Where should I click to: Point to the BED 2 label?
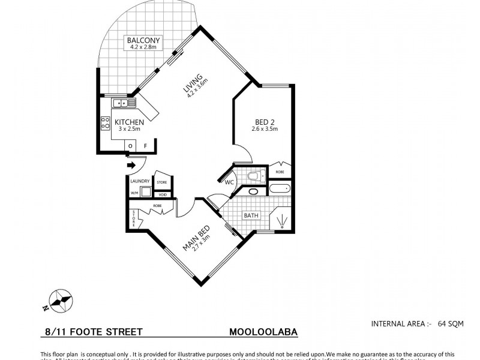pyautogui.click(x=264, y=122)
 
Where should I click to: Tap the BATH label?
pyautogui.click(x=250, y=214)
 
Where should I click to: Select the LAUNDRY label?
pyautogui.click(x=140, y=181)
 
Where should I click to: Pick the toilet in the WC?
pyautogui.click(x=254, y=176)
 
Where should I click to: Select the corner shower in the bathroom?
pyautogui.click(x=280, y=220)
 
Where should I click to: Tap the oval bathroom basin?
pyautogui.click(x=253, y=193)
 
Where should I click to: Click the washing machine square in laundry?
pyautogui.click(x=145, y=192)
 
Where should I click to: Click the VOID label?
pyautogui.click(x=161, y=194)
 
